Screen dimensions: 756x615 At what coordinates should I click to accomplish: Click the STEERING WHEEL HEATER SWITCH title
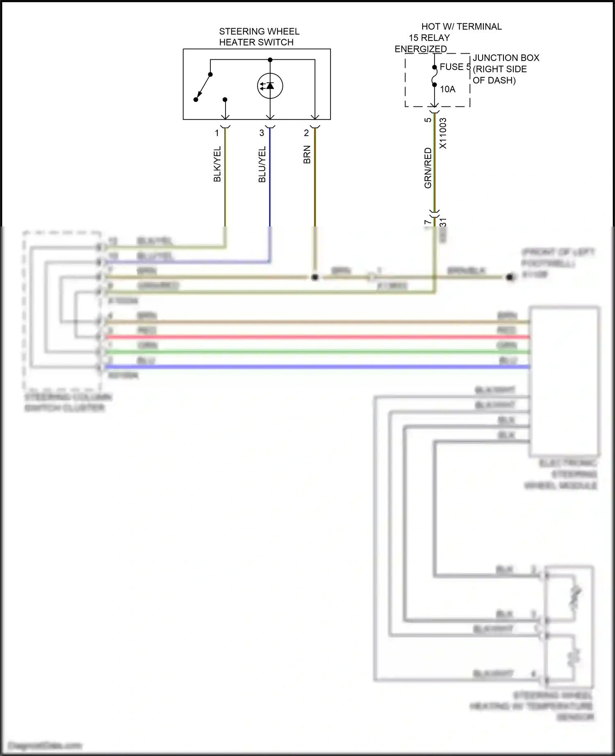259,37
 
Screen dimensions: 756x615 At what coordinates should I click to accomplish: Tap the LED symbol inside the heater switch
270,86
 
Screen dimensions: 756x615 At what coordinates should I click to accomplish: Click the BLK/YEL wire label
217,164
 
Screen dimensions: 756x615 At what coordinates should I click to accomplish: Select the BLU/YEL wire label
262,164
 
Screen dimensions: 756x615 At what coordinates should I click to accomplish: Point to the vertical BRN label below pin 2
307,155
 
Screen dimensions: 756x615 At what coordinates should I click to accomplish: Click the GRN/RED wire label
428,168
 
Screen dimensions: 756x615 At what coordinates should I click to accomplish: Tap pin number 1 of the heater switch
217,133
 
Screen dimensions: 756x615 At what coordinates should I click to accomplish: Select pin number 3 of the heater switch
262,133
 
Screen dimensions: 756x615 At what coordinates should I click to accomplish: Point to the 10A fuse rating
447,89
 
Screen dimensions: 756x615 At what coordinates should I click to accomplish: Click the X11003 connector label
443,134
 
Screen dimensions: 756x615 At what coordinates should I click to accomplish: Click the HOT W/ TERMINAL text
461,27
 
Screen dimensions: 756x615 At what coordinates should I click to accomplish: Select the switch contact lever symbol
203,87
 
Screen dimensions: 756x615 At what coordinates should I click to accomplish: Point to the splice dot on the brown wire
314,277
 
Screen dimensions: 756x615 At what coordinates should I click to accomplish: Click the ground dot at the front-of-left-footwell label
510,277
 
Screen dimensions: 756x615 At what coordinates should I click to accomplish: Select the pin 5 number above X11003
428,120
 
